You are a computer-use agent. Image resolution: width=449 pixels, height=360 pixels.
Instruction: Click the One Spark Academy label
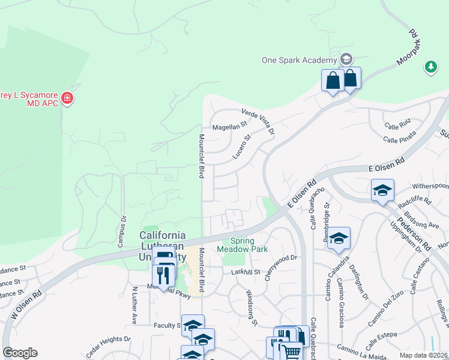point(298,60)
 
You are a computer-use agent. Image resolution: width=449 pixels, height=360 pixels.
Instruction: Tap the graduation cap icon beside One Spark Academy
point(346,59)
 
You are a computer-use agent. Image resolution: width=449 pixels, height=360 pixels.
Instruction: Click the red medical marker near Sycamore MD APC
point(67,98)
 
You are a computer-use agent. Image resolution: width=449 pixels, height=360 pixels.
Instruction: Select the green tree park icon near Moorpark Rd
point(430,67)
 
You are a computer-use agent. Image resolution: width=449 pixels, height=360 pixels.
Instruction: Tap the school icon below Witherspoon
point(382,191)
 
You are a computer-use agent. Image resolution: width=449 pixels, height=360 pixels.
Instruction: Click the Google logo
point(20,353)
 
